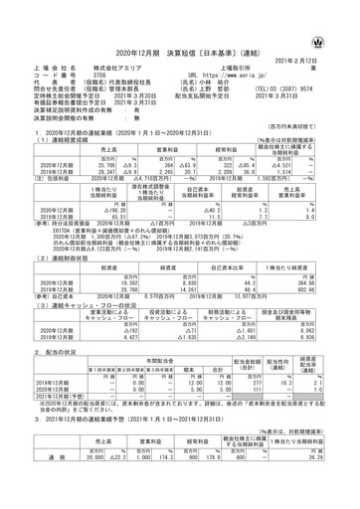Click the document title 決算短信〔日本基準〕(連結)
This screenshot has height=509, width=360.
(180, 25)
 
